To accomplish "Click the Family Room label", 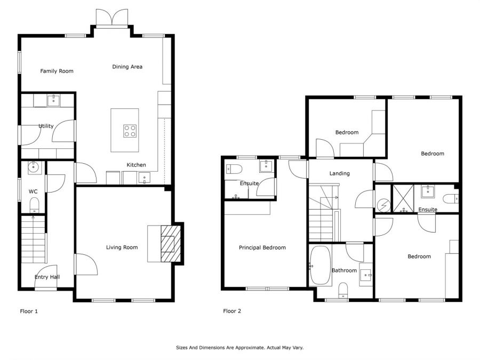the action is [57, 71].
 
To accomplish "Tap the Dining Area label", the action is [127, 67].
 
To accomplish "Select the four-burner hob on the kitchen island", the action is [130, 131].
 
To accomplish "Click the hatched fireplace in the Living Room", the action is [171, 244].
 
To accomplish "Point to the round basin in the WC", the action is [33, 167].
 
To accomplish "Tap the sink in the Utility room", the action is [53, 100].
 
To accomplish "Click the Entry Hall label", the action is [47, 277].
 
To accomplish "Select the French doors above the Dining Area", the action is [112, 18].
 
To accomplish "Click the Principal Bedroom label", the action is [262, 247].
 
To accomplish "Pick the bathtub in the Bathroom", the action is [320, 266].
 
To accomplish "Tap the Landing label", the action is [340, 173].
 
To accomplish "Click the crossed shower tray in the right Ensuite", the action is [404, 198].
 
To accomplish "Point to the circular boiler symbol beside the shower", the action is [383, 205].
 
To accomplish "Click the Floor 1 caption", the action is [29, 311].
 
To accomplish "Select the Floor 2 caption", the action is [232, 311].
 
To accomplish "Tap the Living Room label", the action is [122, 247].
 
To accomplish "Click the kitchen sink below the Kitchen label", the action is [144, 178].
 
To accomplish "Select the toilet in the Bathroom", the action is [343, 290].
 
